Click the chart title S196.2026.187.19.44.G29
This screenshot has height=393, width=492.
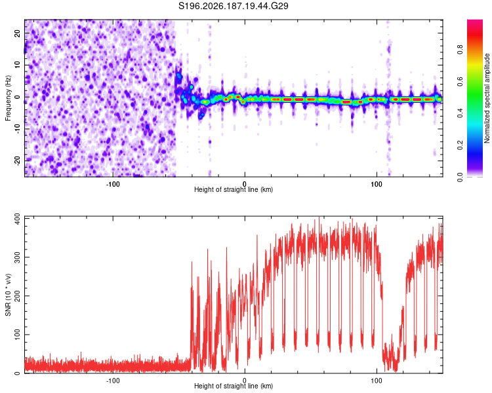click(x=233, y=6)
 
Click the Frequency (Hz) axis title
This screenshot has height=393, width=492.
click(x=8, y=98)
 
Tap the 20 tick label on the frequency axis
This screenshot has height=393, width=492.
click(x=17, y=33)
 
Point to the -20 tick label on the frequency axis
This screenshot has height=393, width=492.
click(x=17, y=160)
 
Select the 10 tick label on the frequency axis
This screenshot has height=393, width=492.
click(x=17, y=65)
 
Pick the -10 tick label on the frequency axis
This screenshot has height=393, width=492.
click(x=17, y=129)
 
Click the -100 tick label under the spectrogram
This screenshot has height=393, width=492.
click(x=113, y=184)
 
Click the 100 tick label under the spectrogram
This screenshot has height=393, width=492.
click(x=377, y=184)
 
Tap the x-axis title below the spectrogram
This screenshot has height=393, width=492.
click(x=234, y=189)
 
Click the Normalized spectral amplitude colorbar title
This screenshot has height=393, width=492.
click(x=487, y=98)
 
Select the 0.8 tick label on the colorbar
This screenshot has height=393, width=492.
click(x=460, y=50)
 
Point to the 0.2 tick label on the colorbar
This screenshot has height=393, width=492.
click(x=460, y=145)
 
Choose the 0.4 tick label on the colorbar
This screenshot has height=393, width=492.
click(x=460, y=113)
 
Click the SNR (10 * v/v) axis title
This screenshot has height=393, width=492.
click(x=8, y=295)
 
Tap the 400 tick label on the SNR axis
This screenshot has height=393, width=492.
click(x=17, y=217)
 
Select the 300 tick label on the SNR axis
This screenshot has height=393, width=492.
click(x=17, y=257)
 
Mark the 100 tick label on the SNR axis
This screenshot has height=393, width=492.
click(x=17, y=335)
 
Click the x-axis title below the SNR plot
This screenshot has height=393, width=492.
click(x=234, y=386)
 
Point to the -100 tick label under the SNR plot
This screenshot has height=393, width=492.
click(x=113, y=381)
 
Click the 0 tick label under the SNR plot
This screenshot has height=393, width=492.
click(x=245, y=381)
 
